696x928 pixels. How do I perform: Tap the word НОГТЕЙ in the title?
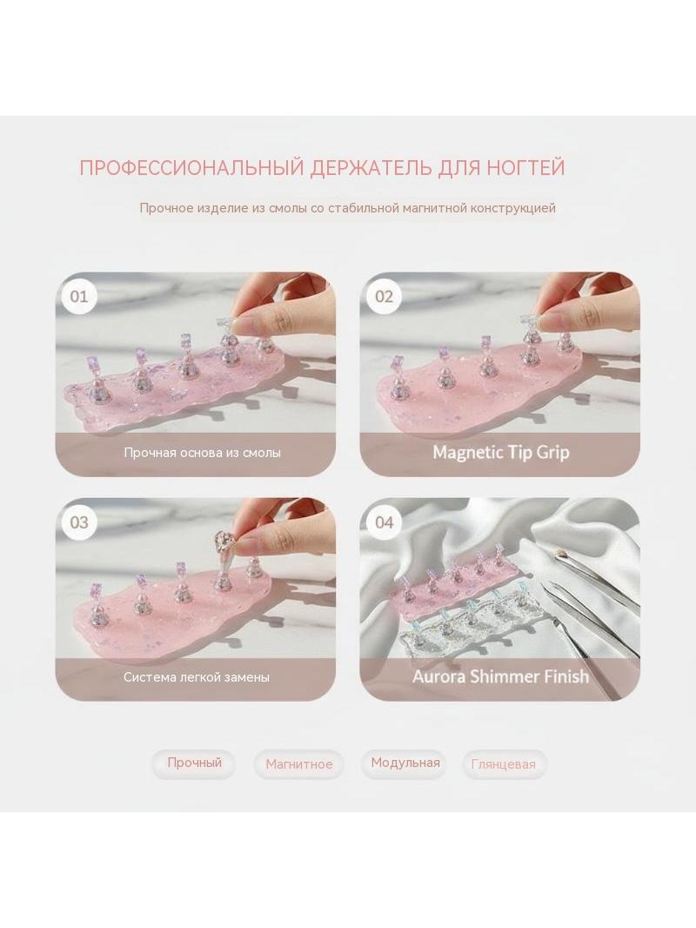525,167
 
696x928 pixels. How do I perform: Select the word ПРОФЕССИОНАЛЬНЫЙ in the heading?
191,167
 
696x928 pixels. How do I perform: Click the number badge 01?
78,296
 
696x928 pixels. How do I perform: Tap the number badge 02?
384,296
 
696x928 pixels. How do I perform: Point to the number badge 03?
78,522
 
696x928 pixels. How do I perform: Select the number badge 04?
384,522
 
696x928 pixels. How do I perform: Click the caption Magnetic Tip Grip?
501,453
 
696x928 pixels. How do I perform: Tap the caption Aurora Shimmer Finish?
501,676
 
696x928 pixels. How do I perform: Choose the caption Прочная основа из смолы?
202,453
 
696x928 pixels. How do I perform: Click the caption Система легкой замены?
197,677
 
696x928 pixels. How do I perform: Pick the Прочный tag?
194,763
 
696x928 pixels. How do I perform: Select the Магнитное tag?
298,764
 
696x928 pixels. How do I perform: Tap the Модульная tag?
405,763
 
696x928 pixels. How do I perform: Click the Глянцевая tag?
503,764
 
